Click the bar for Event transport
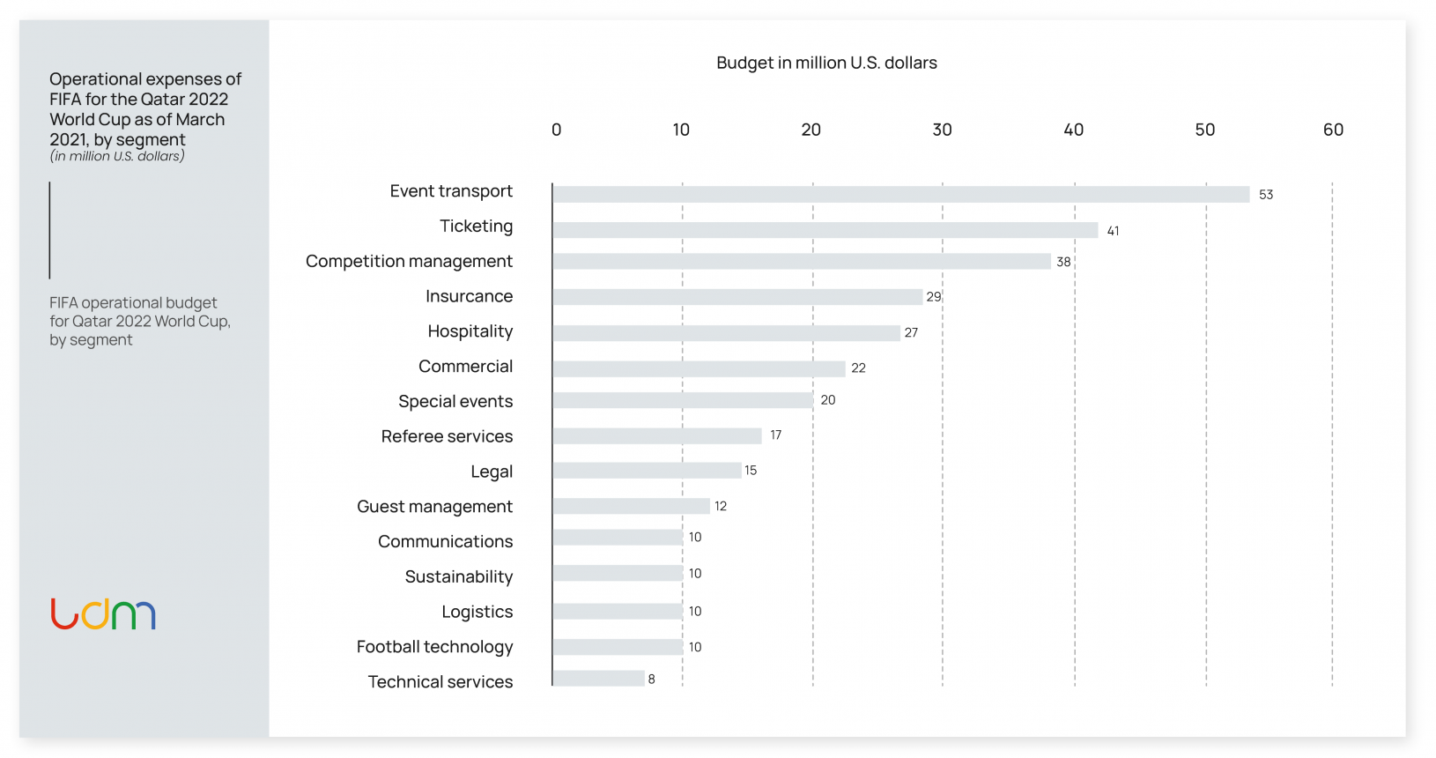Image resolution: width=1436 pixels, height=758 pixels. (x=900, y=195)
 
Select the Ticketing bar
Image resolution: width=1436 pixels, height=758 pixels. (x=825, y=230)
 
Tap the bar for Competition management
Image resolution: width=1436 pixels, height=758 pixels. (x=802, y=262)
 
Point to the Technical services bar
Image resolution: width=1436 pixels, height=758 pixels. (x=599, y=679)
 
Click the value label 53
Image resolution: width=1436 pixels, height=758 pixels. (x=1266, y=195)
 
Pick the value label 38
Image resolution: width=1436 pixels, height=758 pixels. (x=1063, y=262)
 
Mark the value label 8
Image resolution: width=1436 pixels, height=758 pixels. (x=652, y=680)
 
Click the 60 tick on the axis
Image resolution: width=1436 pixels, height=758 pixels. (x=1333, y=130)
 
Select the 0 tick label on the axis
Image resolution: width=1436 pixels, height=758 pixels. (x=556, y=130)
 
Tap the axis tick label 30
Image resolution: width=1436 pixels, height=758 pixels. (x=942, y=130)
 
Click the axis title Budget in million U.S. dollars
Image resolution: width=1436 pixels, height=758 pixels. (x=826, y=63)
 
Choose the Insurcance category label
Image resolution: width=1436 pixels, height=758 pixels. (x=469, y=296)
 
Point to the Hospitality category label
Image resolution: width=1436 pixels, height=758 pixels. (x=470, y=331)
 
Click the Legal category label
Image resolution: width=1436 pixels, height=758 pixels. (x=492, y=472)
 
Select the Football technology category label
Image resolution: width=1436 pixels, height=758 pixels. (x=434, y=647)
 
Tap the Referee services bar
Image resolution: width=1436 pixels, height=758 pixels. (x=657, y=435)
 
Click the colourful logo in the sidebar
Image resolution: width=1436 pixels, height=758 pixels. (x=103, y=613)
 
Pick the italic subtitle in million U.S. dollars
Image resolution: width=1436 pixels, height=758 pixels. (x=117, y=156)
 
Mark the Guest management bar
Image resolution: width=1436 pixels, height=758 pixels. (x=632, y=506)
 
